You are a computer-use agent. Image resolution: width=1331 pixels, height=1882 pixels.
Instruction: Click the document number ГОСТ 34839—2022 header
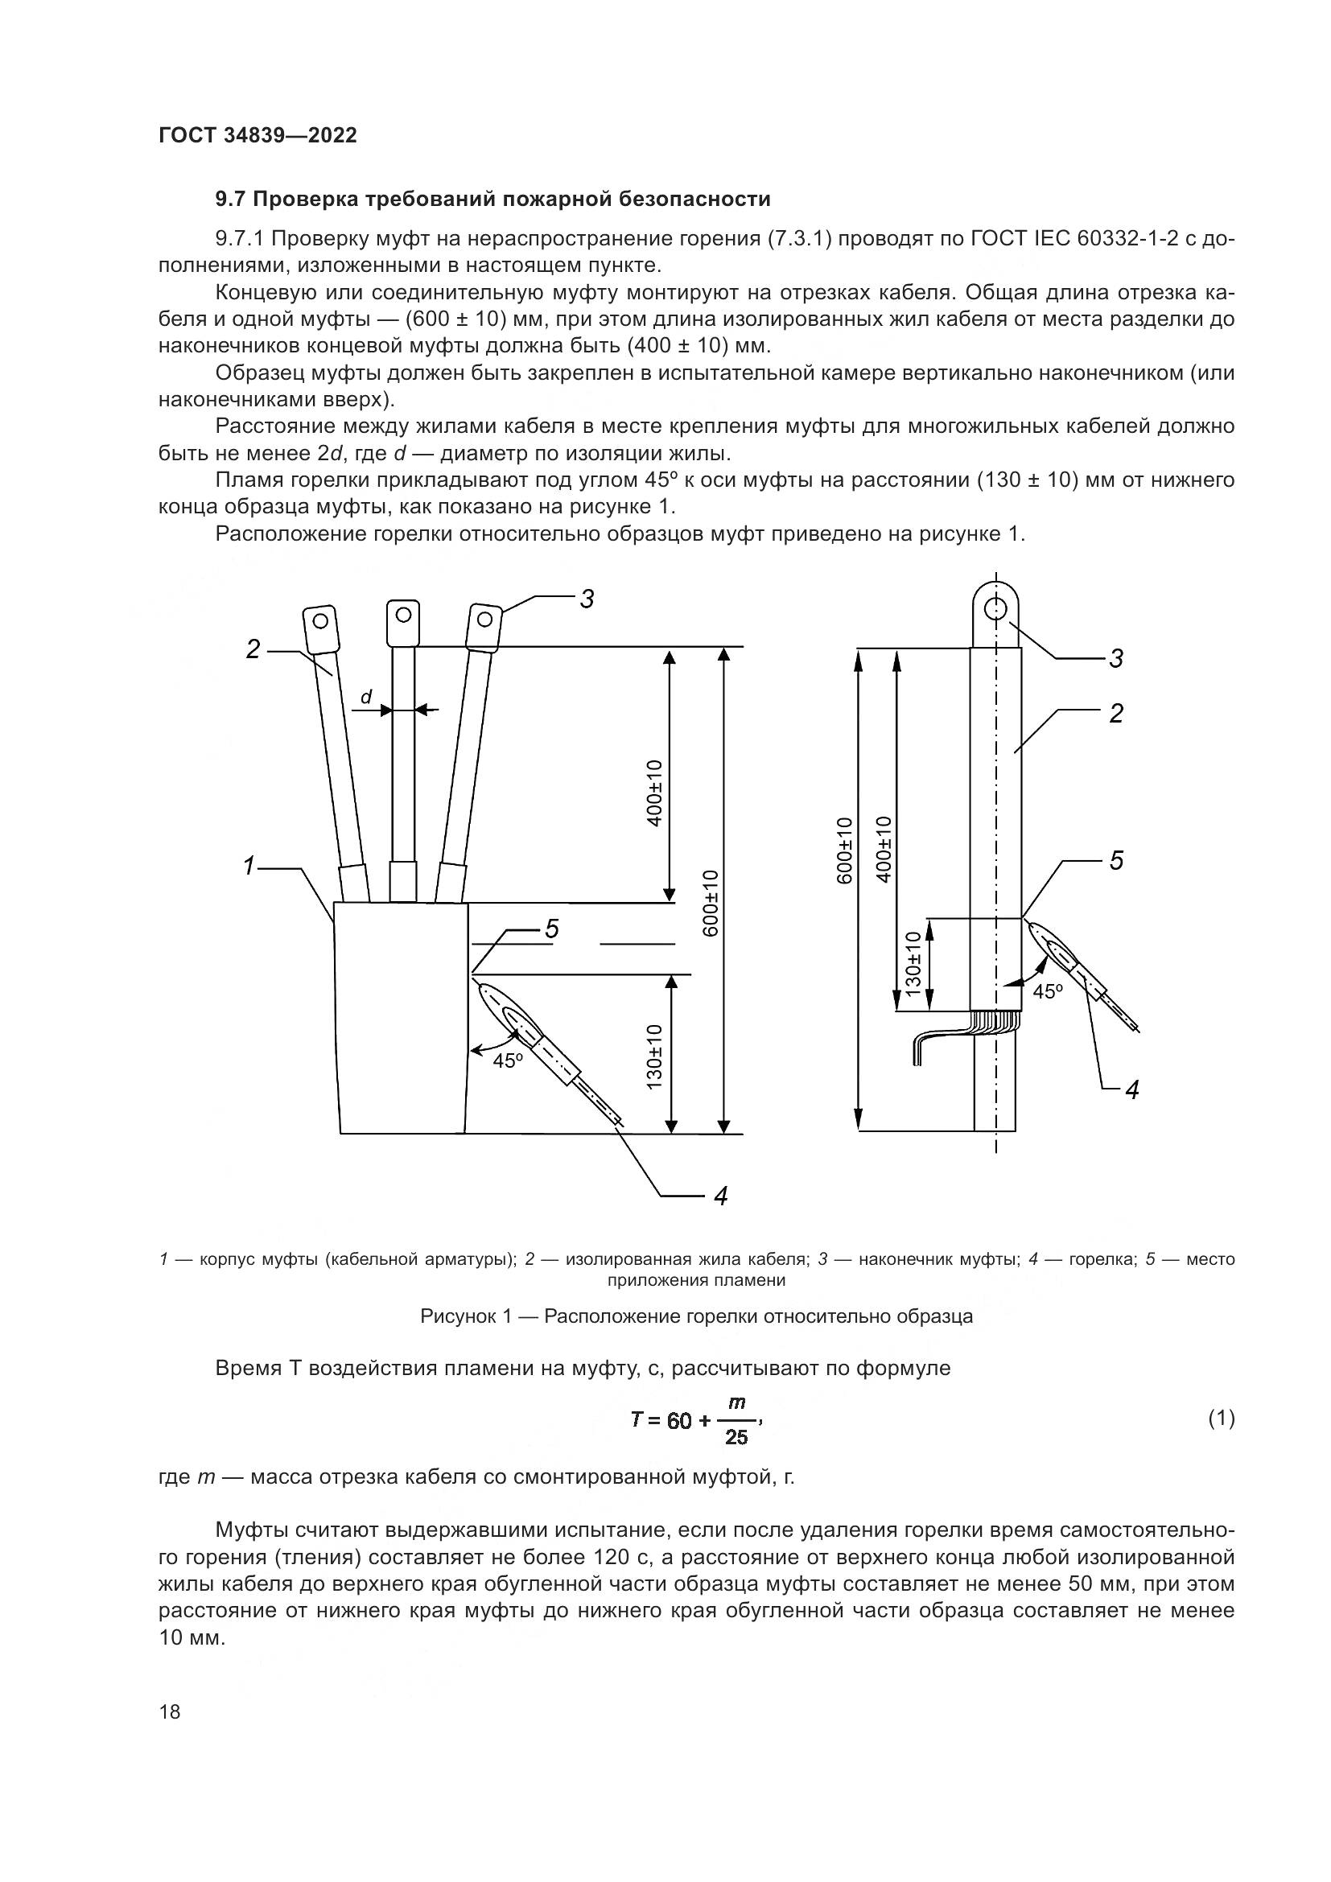pos(258,135)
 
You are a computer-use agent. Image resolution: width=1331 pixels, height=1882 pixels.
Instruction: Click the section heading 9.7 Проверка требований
pos(492,200)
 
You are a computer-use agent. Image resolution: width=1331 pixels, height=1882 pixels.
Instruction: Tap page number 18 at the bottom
pos(170,1711)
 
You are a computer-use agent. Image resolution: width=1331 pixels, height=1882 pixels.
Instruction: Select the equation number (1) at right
pos(1222,1418)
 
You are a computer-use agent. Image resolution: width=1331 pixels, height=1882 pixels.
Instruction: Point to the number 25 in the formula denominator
pos(736,1437)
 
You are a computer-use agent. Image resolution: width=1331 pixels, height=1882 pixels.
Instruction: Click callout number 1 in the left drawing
pos(250,866)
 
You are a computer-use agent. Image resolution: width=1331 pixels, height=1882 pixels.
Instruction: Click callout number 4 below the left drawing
pos(720,1196)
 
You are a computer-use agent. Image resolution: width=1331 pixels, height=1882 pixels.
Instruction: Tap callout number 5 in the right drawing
pos(1116,861)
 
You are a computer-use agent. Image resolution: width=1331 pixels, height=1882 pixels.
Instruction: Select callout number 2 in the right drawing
pos(1116,714)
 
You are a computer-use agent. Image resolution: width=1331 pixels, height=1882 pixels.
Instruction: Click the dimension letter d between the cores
pos(366,697)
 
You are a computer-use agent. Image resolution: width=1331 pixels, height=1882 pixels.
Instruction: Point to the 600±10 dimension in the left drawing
pos(711,902)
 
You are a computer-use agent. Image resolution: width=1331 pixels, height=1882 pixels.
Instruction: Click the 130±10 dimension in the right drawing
pos(914,964)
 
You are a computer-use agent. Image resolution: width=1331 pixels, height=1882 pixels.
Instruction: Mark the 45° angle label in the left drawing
pos(507,1060)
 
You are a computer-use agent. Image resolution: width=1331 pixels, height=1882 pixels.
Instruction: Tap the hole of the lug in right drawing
pos(995,609)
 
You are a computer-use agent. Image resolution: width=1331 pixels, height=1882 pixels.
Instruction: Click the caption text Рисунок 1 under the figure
pos(696,1316)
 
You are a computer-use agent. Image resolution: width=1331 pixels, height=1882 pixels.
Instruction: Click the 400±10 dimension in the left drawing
pos(654,793)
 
